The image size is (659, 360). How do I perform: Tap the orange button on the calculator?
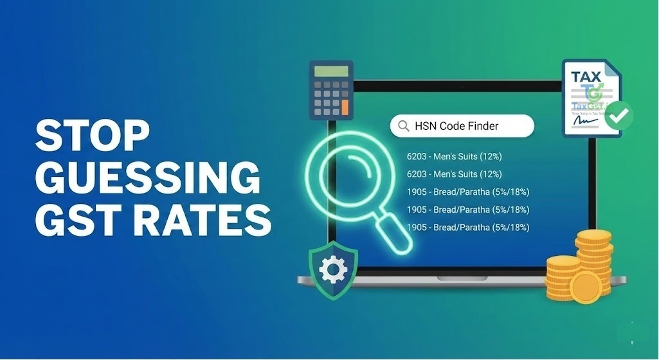tap(345, 105)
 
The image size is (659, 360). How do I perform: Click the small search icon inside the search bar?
tap(404, 126)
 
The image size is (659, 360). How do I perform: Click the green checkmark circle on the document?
tap(619, 116)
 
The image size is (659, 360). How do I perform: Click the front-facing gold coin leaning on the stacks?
tap(585, 287)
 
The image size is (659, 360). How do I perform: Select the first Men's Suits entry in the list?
tap(454, 156)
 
